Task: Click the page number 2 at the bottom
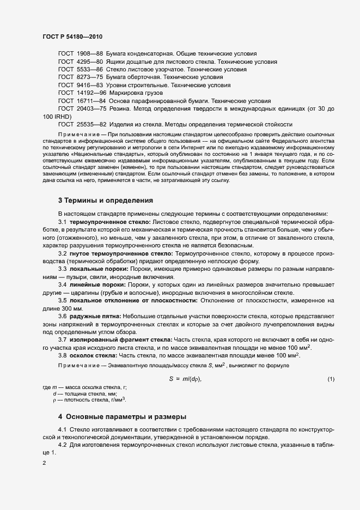click(x=44, y=464)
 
